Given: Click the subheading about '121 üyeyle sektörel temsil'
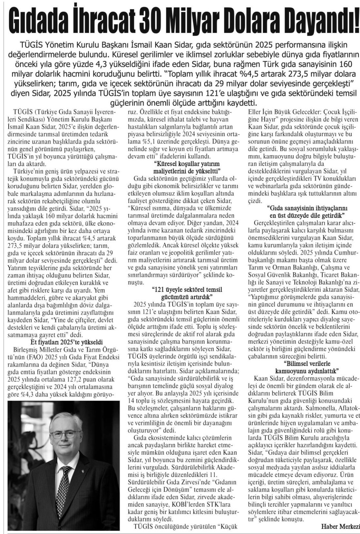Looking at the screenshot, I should point(187,293).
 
